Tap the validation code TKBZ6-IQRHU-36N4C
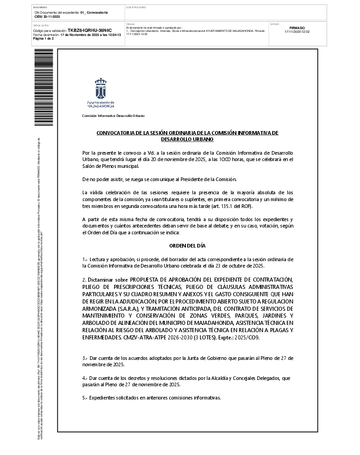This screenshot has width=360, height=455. click(90, 30)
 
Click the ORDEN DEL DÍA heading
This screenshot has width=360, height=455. click(187, 246)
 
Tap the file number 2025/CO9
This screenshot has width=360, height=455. click(247, 338)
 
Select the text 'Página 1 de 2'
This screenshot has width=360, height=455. click(44, 39)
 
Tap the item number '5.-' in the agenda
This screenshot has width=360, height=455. click(85, 398)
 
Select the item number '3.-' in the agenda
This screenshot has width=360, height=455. click(85, 359)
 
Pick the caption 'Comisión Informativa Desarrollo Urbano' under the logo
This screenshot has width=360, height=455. click(113, 116)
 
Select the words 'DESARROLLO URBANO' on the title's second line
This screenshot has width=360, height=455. click(187, 139)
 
